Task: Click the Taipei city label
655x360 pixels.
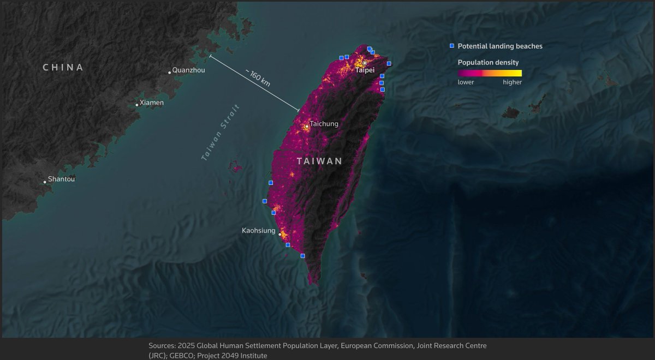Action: (365, 70)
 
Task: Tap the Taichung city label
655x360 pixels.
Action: (324, 124)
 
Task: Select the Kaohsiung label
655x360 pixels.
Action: (259, 231)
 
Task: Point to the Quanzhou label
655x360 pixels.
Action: (188, 70)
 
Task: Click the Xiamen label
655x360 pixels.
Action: (151, 103)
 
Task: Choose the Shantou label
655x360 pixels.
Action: (61, 179)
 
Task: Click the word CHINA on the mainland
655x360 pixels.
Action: (63, 68)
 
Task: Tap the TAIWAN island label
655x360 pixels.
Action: (320, 161)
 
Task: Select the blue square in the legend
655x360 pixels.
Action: (451, 46)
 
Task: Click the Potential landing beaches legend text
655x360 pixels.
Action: (500, 46)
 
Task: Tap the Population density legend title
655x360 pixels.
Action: (488, 63)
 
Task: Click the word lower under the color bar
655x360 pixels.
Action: (466, 82)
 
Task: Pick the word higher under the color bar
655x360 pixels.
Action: (512, 82)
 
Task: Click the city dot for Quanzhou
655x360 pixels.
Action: (169, 72)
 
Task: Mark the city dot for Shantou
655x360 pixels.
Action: (45, 182)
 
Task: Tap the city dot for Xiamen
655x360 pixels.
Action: (136, 105)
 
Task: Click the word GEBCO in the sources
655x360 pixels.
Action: (171, 356)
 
